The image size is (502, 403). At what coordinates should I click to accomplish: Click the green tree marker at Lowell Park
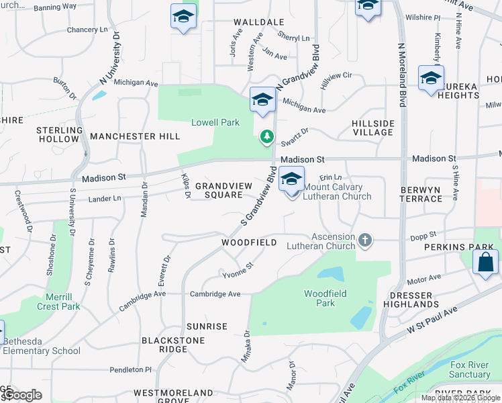coord(267,137)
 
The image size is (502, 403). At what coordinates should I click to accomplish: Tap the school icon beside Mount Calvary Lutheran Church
coord(291,181)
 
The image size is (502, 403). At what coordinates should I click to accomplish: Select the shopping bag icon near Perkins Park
coord(485,262)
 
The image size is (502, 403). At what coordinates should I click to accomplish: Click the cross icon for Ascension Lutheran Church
coord(365,240)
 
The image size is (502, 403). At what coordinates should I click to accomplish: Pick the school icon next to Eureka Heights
coord(431,79)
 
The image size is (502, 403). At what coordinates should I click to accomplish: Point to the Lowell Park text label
coord(215,122)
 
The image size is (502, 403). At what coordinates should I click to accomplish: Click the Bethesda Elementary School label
coord(42,345)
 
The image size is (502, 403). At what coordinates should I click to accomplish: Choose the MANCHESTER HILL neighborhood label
coord(135,136)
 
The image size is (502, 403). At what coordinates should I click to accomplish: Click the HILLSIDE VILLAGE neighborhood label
coord(372,128)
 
